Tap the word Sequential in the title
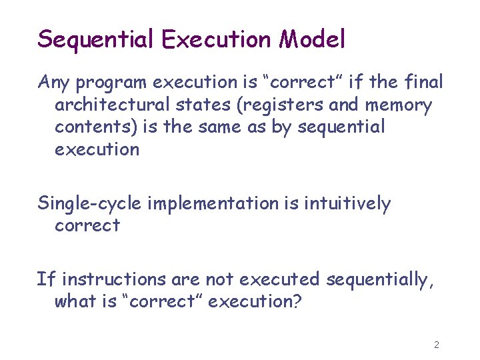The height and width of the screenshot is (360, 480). pyautogui.click(x=96, y=40)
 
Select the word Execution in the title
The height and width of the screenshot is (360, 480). pyautogui.click(x=217, y=39)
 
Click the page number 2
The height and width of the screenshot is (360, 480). pyautogui.click(x=436, y=345)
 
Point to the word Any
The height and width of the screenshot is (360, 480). pyautogui.click(x=54, y=83)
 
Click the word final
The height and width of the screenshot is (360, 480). pyautogui.click(x=423, y=82)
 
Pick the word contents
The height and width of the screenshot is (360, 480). pyautogui.click(x=94, y=127)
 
